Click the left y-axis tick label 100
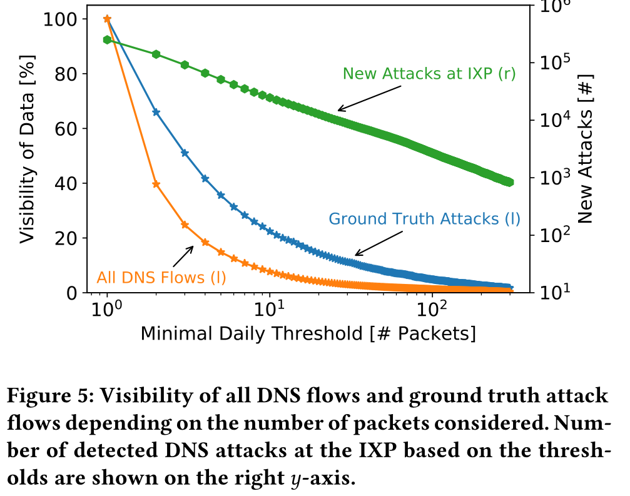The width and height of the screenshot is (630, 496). point(60,19)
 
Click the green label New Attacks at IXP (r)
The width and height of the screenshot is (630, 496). point(429,74)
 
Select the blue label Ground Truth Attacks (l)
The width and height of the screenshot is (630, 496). point(424,219)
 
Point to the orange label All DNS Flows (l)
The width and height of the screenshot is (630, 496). point(161,276)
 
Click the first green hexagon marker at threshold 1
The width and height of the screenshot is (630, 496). point(107,40)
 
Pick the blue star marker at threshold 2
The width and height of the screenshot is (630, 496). point(156,112)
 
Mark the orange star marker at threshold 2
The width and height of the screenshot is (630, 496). point(156,185)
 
